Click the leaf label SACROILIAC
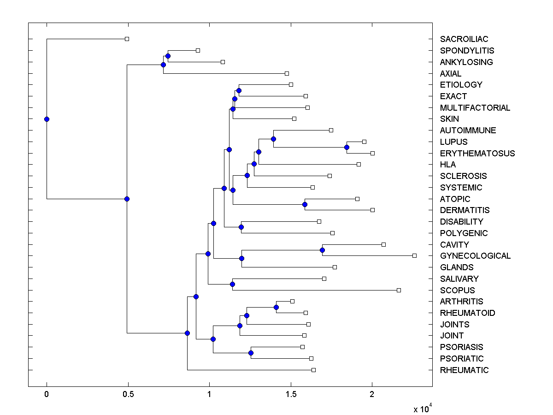click(x=464, y=39)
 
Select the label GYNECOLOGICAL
click(x=475, y=256)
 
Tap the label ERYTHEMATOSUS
click(x=477, y=153)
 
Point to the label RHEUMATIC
click(x=464, y=370)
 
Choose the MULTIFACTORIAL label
click(x=475, y=108)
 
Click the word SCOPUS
click(x=457, y=290)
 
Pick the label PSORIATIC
click(x=462, y=358)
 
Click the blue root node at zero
click(x=47, y=119)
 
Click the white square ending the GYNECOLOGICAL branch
click(x=414, y=255)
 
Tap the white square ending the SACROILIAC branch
click(x=127, y=39)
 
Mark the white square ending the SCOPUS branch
click(x=399, y=290)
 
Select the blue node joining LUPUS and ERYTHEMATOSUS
click(x=347, y=147)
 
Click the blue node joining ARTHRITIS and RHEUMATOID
click(x=276, y=307)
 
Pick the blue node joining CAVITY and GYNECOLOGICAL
click(x=322, y=250)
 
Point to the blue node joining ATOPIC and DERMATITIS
click(x=305, y=204)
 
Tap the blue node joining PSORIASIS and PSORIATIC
click(x=251, y=353)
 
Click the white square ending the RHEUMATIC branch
click(x=313, y=370)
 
